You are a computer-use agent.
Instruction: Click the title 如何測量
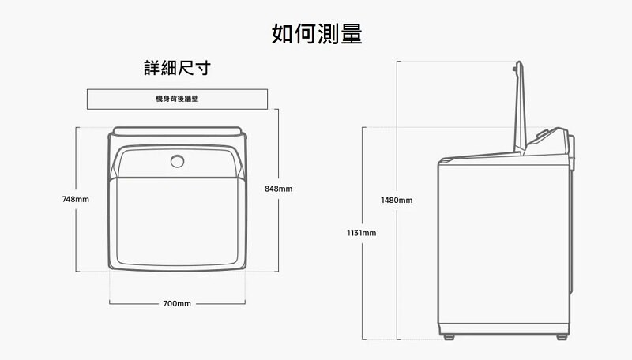(x=316, y=34)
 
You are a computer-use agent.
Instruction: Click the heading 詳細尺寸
(x=177, y=69)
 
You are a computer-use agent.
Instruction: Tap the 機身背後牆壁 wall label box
(x=177, y=99)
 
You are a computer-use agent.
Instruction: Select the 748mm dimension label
(x=76, y=200)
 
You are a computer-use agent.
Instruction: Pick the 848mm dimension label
(x=280, y=189)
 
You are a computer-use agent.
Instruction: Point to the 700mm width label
(x=177, y=303)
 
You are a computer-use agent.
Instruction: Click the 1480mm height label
(x=397, y=201)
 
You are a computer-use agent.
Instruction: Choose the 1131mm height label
(x=362, y=233)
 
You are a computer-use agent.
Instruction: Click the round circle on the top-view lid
(x=177, y=162)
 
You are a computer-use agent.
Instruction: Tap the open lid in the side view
(x=521, y=111)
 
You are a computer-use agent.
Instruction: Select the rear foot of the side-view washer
(x=561, y=337)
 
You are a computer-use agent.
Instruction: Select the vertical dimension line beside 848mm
(x=280, y=237)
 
